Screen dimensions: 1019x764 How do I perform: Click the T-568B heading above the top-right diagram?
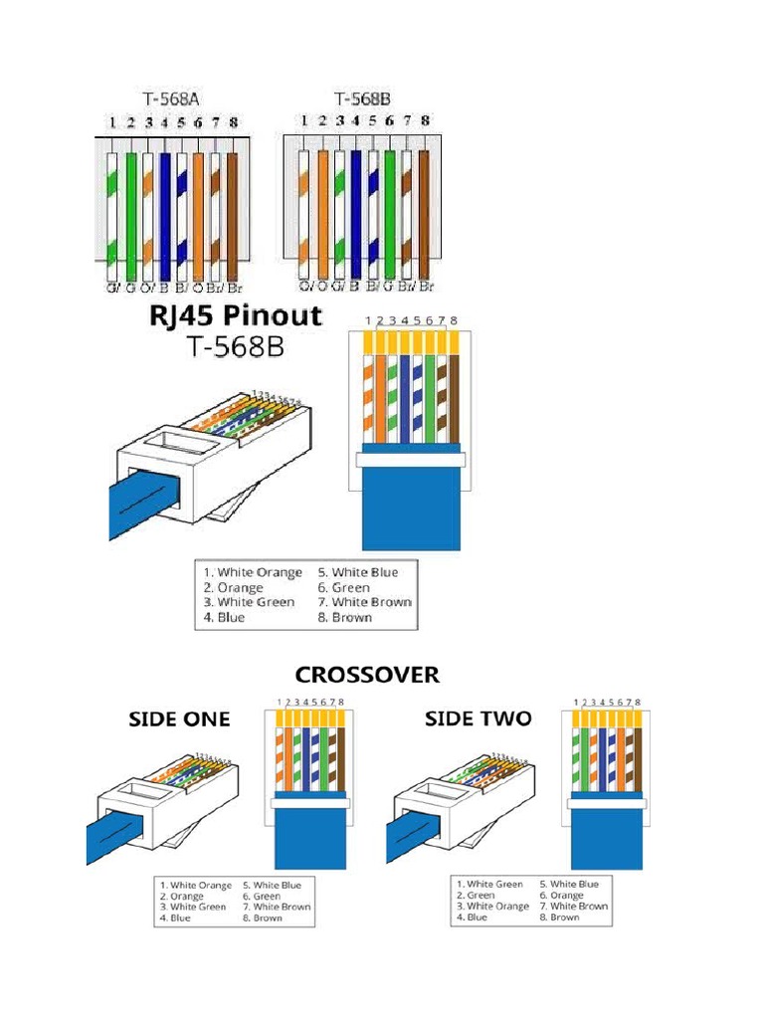[x=361, y=99]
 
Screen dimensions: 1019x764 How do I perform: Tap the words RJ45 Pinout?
[x=236, y=316]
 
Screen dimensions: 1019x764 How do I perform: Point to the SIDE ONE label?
[x=178, y=718]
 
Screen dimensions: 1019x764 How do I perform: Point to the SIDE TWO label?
[x=477, y=717]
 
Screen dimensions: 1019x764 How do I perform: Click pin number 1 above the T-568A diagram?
[x=113, y=123]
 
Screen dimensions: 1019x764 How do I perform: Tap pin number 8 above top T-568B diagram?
[x=425, y=120]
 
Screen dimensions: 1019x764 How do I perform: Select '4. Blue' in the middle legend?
[x=225, y=617]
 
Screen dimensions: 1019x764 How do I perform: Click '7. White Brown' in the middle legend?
[x=363, y=602]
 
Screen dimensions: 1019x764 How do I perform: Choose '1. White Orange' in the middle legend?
[x=253, y=572]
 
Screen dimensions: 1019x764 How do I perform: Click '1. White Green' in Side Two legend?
[x=489, y=884]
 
